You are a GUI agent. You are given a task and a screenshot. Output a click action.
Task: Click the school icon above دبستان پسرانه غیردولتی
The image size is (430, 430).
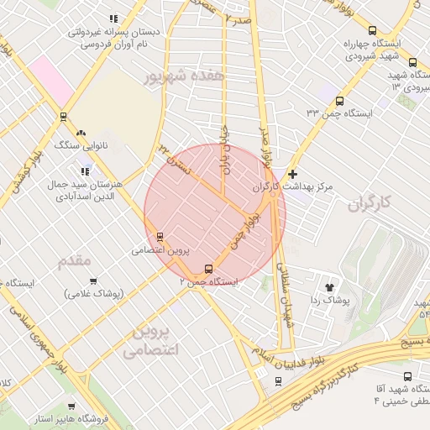point(113,18)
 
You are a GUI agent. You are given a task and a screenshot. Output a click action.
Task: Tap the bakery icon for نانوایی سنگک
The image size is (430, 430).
point(81,132)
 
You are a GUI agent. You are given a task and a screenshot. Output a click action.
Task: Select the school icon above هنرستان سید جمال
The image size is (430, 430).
point(84,171)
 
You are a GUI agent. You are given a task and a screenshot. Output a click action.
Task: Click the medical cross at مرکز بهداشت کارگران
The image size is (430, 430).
point(291,174)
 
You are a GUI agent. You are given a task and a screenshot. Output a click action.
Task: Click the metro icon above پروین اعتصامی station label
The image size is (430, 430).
point(160,237)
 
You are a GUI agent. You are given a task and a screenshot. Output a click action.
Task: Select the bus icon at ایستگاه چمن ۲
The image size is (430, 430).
point(207,269)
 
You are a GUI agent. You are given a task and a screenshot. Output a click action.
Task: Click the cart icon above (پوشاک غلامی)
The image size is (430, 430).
point(92,281)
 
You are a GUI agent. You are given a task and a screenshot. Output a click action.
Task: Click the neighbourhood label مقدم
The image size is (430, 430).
point(75,261)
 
